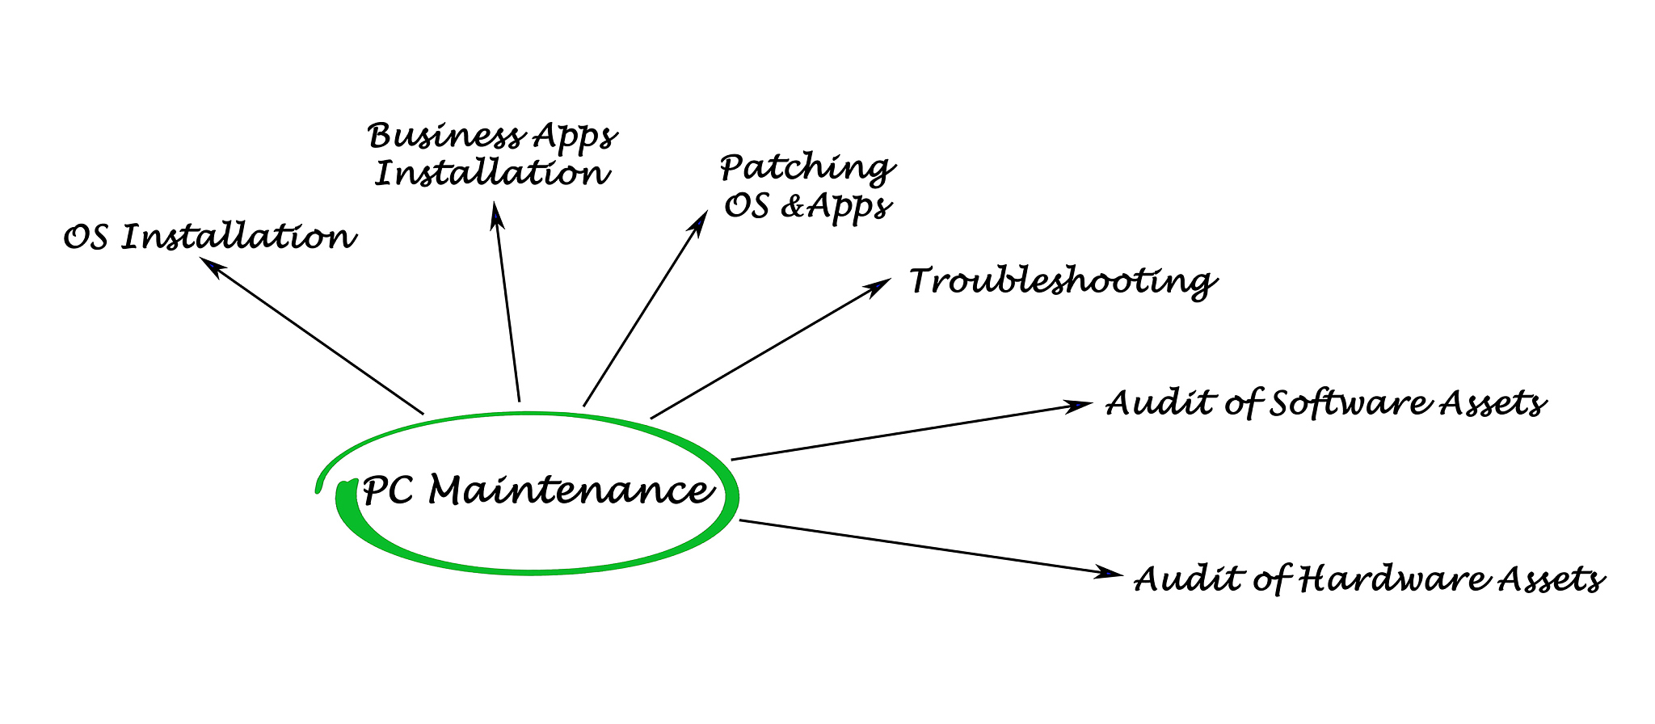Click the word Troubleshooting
(1062, 282)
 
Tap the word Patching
(806, 168)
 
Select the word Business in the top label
(444, 136)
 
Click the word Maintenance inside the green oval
(570, 490)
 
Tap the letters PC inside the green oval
(389, 490)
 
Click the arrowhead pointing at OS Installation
(212, 267)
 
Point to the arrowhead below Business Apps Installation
(497, 216)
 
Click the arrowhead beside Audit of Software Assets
(1080, 405)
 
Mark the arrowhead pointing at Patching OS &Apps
(697, 222)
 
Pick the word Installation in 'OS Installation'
(238, 238)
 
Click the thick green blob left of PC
(346, 501)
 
